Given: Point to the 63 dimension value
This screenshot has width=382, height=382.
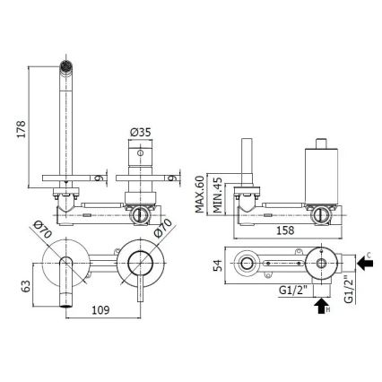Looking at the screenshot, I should coord(21,288).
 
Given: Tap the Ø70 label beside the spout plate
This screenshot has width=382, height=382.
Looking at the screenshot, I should coord(48,230).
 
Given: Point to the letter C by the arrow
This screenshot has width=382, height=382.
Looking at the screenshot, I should coord(369,256).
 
